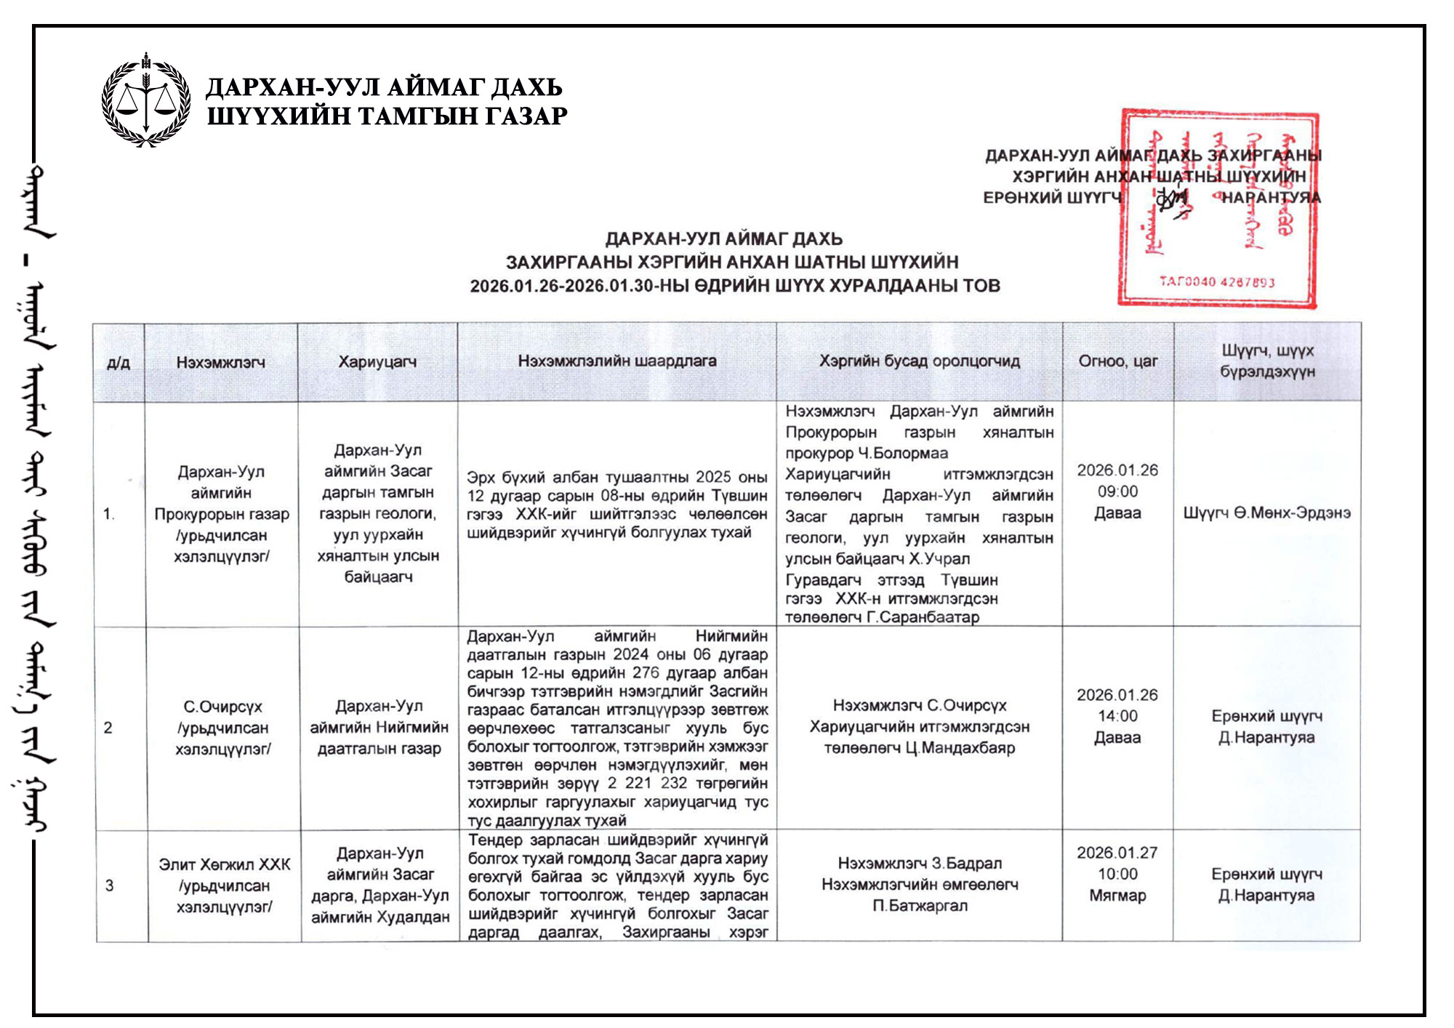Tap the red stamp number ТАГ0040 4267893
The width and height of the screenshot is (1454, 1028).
coord(1216,282)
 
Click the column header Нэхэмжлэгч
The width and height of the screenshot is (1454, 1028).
coord(220,362)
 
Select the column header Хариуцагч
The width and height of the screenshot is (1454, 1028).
coord(377,361)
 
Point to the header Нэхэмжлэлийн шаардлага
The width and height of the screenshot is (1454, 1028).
coord(616,361)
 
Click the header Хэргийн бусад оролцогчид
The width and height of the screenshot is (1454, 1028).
coord(919,361)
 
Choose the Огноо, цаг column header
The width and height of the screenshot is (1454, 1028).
coord(1117,361)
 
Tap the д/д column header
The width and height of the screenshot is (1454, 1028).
coord(119,362)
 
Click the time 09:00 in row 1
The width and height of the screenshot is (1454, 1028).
coord(1117,491)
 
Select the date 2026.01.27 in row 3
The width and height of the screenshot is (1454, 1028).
coord(1117,853)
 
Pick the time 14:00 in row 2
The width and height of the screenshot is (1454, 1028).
coord(1117,716)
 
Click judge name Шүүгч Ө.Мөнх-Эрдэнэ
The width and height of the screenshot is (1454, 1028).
coord(1266,513)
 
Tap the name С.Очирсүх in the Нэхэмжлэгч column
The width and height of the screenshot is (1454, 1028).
coord(222,707)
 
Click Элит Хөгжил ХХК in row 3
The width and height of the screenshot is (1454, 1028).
coord(224,864)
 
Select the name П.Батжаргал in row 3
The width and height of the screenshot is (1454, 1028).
coord(920,906)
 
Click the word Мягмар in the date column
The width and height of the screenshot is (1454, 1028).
coord(1117,896)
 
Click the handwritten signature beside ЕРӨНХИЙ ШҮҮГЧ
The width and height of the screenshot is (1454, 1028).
coord(1170,198)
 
